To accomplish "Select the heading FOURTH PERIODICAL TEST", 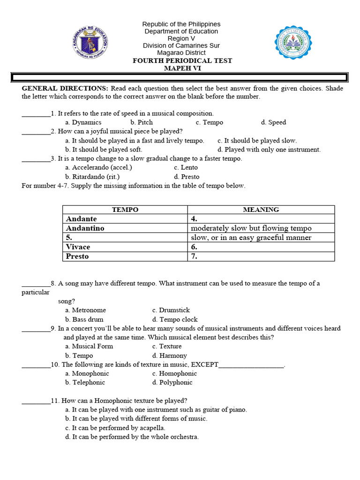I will pyautogui.click(x=182, y=61).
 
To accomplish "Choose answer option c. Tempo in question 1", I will pyautogui.click(x=210, y=122).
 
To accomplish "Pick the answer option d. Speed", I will pyautogui.click(x=273, y=122).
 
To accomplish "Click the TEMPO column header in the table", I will pyautogui.click(x=125, y=210).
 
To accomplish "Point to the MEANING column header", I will pyautogui.click(x=261, y=210).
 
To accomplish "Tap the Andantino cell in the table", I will pyautogui.click(x=85, y=228).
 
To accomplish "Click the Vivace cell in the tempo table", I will pyautogui.click(x=78, y=247).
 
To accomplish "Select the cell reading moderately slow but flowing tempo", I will pyautogui.click(x=251, y=228).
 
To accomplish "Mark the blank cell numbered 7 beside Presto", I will pyautogui.click(x=261, y=256).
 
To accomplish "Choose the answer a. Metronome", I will pyautogui.click(x=86, y=310).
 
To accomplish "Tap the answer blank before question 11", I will pyautogui.click(x=36, y=401).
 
